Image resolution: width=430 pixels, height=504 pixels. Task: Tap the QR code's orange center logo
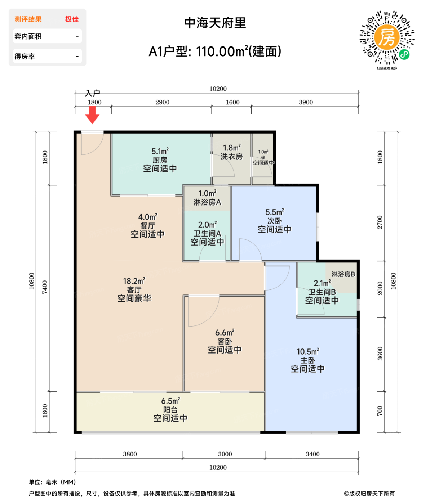[x=386, y=37]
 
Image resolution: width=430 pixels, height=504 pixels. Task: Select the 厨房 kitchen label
[x=160, y=160]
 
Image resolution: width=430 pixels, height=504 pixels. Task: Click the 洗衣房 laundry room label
[x=231, y=157]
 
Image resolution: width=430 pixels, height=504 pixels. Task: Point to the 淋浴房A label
[x=207, y=202]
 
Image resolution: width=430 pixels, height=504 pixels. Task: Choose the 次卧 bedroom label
[x=274, y=221]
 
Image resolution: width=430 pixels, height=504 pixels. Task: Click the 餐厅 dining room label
[x=147, y=226]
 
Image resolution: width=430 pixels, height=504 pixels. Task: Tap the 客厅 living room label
[x=134, y=290]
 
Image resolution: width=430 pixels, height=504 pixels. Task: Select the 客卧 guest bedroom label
[x=225, y=341]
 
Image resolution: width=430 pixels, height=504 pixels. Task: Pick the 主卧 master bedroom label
[x=307, y=360]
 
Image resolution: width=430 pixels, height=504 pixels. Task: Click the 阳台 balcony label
[x=170, y=410]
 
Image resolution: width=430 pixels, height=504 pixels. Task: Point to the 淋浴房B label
[x=343, y=274]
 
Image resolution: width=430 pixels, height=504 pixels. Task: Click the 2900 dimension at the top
[x=162, y=102]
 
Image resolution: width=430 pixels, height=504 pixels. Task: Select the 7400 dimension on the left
[x=45, y=287]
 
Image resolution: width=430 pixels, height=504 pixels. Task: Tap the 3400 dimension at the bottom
[x=312, y=454]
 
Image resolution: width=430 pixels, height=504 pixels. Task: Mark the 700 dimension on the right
[x=380, y=411]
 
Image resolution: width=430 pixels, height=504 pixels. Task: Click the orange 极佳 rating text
[x=72, y=19]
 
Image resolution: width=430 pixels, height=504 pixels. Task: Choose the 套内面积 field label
[x=28, y=36]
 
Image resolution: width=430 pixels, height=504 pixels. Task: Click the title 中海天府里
[x=215, y=23]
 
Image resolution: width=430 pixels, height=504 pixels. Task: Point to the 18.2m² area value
[x=134, y=281]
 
